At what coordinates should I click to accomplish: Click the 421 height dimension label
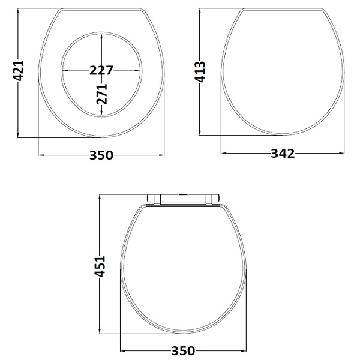coord(19,73)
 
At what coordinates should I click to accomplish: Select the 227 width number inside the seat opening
coord(101,70)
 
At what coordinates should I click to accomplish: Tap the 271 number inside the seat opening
coord(102,94)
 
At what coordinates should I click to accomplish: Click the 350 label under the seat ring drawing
coord(101,155)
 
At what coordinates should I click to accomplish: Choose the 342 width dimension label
coord(282,154)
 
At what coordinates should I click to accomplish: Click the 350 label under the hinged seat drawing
coord(183,350)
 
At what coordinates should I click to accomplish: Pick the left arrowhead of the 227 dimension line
coord(64,70)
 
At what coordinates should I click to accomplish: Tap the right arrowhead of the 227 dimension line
coord(139,70)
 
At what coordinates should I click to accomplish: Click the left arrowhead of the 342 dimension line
coord(224,154)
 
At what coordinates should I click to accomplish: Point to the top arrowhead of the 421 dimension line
coord(19,11)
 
